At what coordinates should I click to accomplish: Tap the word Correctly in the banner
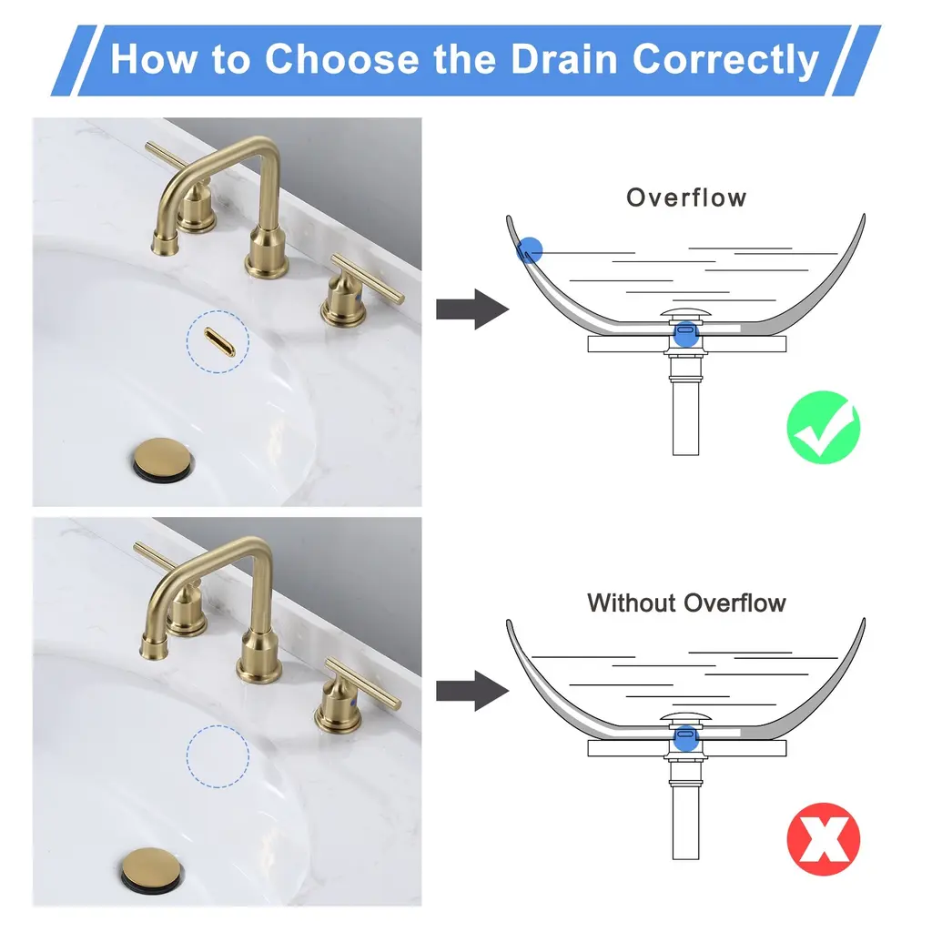point(725,61)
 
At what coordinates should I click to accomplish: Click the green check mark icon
point(823,428)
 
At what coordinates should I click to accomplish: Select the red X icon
point(823,838)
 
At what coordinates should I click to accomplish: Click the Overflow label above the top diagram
point(686,198)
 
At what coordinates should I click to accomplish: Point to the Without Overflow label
point(686,603)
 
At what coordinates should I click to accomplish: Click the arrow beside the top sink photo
point(472,309)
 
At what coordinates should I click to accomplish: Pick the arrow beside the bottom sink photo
point(472,691)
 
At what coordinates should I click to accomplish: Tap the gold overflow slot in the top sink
point(219,342)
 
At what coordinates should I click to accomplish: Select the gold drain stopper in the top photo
point(162,457)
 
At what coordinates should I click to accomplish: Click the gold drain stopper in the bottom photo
point(152,867)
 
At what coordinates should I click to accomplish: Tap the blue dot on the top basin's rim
point(530,249)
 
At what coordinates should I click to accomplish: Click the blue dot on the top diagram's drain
point(686,334)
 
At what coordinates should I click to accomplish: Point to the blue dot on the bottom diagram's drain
point(686,738)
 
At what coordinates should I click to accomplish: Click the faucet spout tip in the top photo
point(165,244)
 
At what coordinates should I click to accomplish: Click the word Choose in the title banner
point(342,59)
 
